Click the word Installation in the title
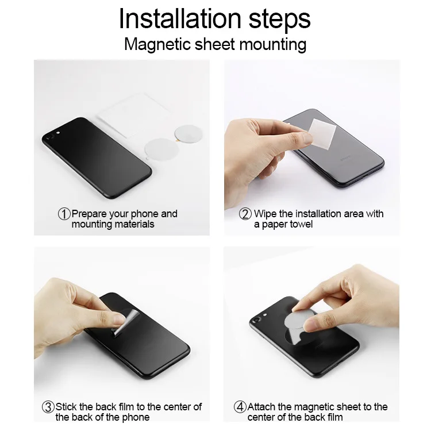pyautogui.click(x=180, y=19)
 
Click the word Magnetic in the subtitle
pyautogui.click(x=157, y=44)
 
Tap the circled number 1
pyautogui.click(x=64, y=214)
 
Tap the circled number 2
pyautogui.click(x=245, y=214)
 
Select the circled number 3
pyautogui.click(x=48, y=407)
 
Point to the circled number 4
pyautogui.click(x=240, y=407)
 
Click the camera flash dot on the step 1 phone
pyautogui.click(x=58, y=133)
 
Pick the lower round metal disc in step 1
pyautogui.click(x=161, y=149)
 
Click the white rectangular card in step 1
pyautogui.click(x=133, y=114)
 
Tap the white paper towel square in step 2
pyautogui.click(x=322, y=134)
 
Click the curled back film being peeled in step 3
pyautogui.click(x=124, y=323)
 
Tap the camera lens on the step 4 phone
pyautogui.click(x=257, y=320)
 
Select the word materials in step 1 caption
pyautogui.click(x=134, y=224)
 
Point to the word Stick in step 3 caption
pyautogui.click(x=66, y=406)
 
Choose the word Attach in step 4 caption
pyautogui.click(x=261, y=406)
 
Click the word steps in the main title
pyautogui.click(x=279, y=20)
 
